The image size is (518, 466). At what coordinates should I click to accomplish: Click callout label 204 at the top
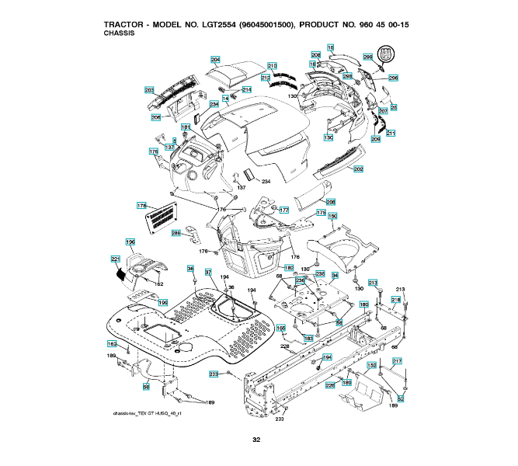click(x=215, y=60)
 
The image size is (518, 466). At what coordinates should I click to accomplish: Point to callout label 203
click(x=149, y=90)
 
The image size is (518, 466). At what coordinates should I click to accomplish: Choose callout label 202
click(x=358, y=169)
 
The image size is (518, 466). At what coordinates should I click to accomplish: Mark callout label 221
click(x=115, y=259)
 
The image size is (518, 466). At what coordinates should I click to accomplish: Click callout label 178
click(x=141, y=205)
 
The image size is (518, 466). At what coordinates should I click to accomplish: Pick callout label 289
click(x=176, y=232)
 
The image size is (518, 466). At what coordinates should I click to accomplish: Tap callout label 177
click(x=284, y=210)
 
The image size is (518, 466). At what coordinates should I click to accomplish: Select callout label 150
click(x=332, y=216)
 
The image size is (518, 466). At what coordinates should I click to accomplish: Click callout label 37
click(x=208, y=272)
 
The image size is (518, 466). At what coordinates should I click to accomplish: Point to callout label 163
click(x=111, y=343)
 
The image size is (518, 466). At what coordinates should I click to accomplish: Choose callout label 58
click(x=145, y=385)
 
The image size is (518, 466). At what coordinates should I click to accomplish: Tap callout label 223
click(x=214, y=374)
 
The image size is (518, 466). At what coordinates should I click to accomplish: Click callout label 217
click(x=397, y=360)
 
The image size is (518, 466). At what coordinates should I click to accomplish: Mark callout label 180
click(x=363, y=305)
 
